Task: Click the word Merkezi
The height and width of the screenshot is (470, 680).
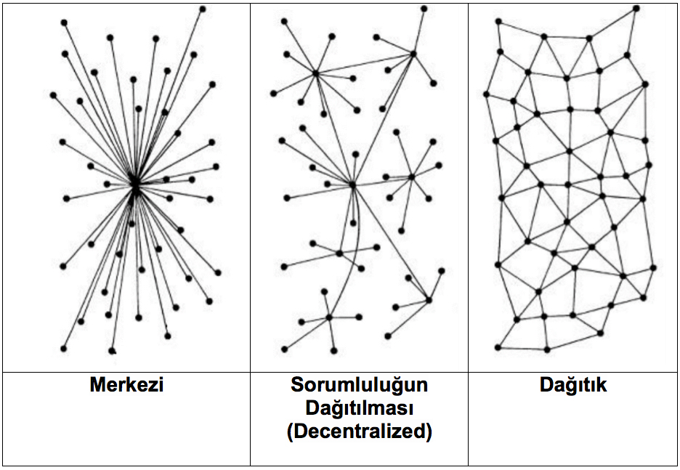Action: click(126, 384)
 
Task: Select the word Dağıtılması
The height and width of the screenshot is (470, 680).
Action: click(359, 408)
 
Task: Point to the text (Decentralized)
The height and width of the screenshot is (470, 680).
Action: click(359, 431)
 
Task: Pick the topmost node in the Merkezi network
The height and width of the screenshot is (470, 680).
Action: click(203, 9)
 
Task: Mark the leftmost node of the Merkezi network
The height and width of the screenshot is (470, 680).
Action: click(53, 95)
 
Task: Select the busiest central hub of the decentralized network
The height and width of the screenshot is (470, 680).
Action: click(352, 185)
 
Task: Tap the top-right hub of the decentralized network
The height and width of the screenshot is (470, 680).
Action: click(413, 54)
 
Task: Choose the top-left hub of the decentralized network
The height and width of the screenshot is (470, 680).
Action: click(316, 73)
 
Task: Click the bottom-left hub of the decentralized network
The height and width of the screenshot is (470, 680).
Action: click(329, 317)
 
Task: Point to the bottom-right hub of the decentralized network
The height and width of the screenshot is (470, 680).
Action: click(429, 299)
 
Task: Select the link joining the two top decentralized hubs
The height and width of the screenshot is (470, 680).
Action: click(364, 64)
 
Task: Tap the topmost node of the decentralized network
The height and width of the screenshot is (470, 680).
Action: click(424, 9)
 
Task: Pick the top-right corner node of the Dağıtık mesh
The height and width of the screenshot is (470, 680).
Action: click(636, 8)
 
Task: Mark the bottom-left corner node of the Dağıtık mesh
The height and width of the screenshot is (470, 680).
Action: click(498, 347)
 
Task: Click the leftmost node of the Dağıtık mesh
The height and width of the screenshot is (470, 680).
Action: click(486, 94)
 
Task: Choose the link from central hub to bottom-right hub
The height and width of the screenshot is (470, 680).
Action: click(391, 243)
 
